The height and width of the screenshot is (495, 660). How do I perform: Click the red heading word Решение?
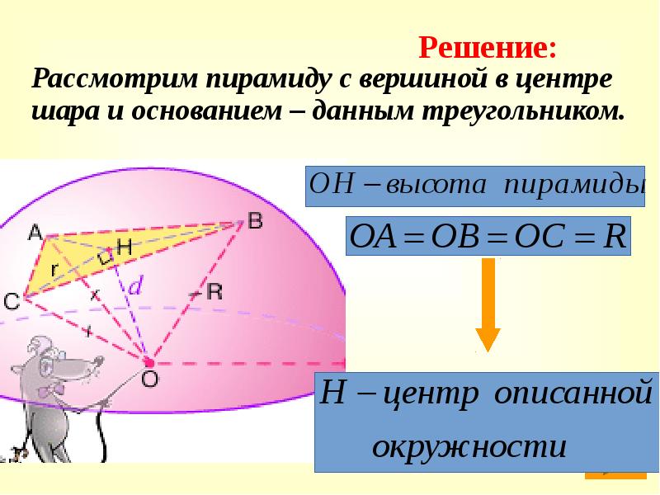coord(488,46)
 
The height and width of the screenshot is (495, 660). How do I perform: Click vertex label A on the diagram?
coord(35,233)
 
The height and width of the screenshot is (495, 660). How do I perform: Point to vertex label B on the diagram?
coord(255,219)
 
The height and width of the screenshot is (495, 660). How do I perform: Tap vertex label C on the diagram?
coord(12,303)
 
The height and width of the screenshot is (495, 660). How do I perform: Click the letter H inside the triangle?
coord(125,246)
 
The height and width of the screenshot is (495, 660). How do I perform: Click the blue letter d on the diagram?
coord(137,285)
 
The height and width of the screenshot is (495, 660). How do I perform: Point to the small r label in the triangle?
coord(53,269)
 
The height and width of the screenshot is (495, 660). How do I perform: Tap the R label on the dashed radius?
coord(213,290)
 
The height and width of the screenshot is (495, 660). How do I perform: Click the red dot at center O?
coord(149,362)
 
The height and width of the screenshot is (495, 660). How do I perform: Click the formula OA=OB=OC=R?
coord(488,235)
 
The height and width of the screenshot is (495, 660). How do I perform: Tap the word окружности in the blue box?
coord(469,448)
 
